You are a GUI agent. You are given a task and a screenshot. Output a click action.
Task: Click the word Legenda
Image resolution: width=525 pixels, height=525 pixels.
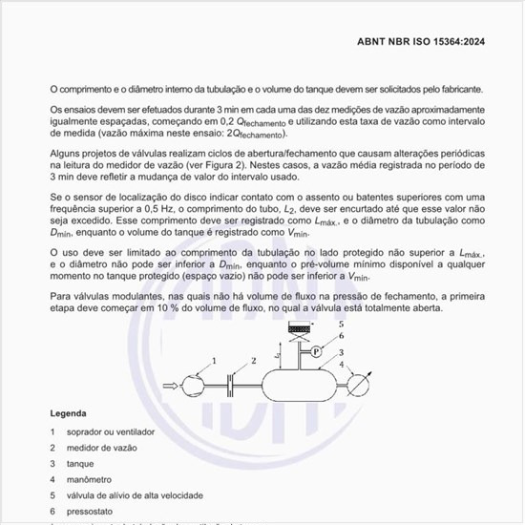pyautogui.click(x=70, y=414)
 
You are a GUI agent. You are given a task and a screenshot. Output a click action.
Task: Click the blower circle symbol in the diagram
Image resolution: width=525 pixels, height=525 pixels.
pyautogui.click(x=189, y=385)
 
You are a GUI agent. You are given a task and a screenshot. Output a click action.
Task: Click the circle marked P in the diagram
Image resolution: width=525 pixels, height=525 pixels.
pyautogui.click(x=316, y=352)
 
